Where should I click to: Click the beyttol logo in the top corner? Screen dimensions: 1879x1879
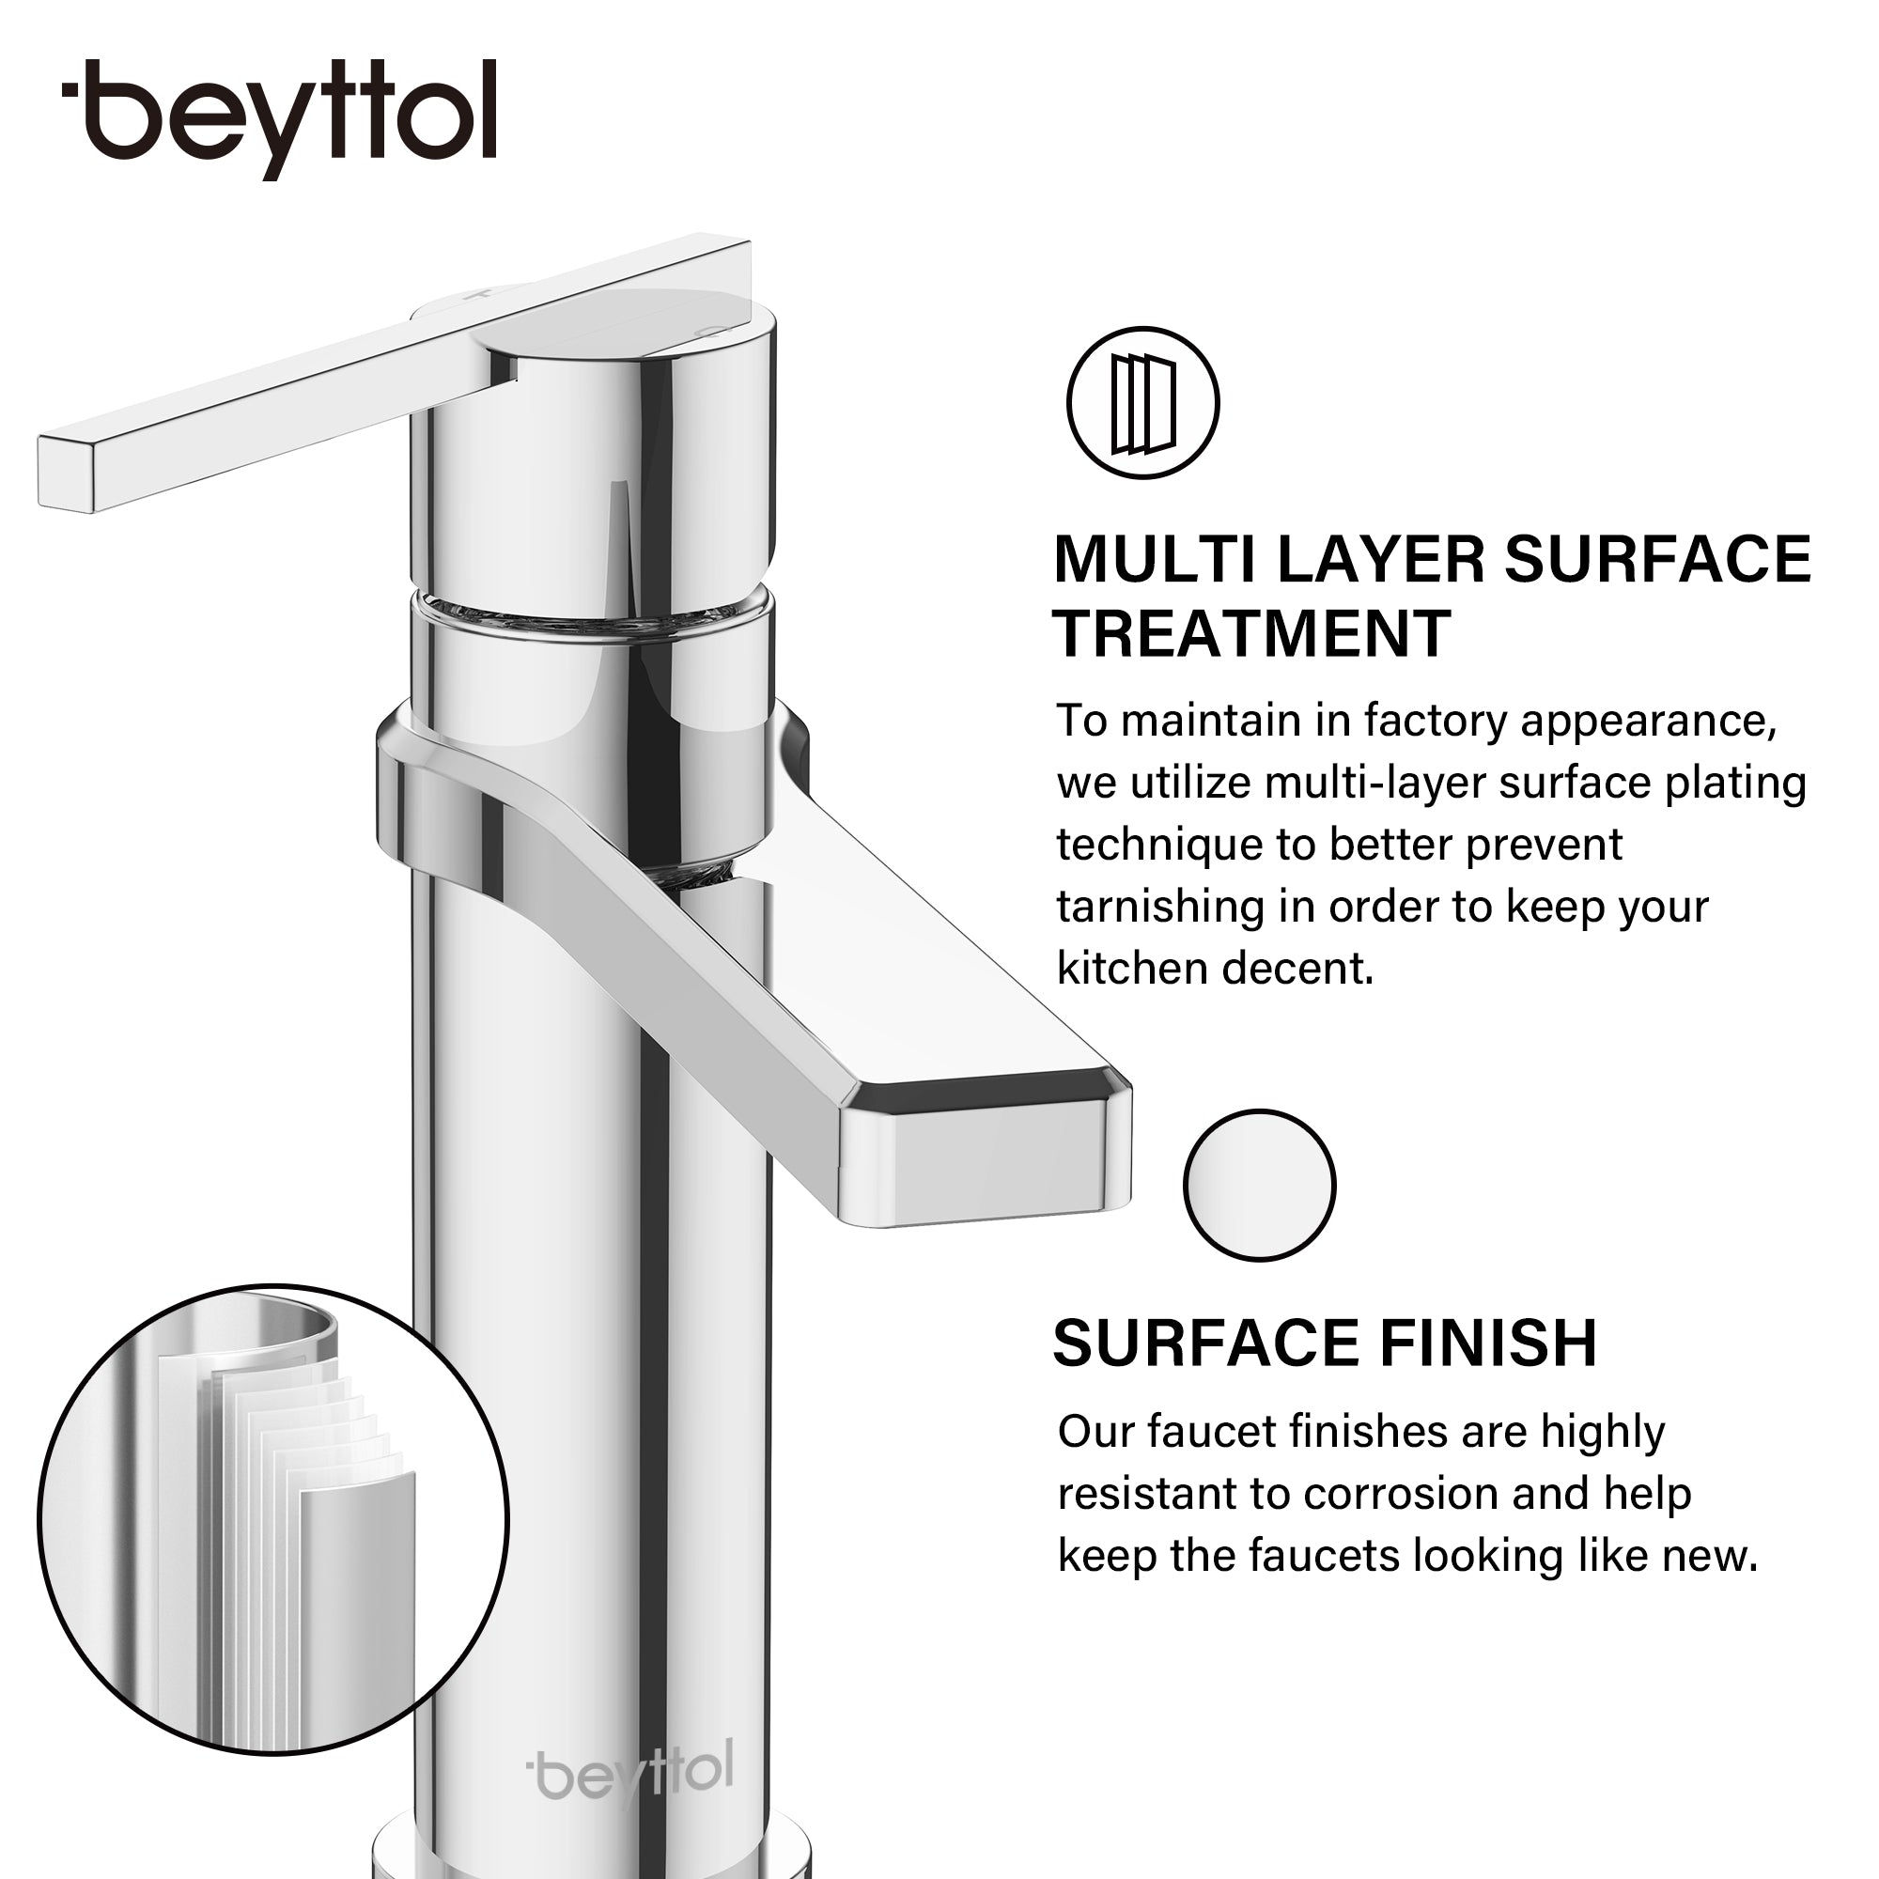279,118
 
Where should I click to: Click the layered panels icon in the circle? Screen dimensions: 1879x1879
1142,403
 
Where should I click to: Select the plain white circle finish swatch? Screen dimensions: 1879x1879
1260,1186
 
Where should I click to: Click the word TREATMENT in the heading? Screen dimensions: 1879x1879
1251,634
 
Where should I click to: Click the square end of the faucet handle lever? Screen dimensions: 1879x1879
66,474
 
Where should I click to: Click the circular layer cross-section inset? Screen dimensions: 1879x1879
273,1519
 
